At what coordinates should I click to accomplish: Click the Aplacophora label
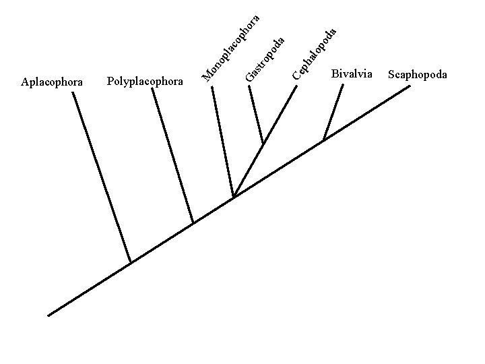(52, 82)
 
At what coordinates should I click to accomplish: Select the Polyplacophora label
(145, 82)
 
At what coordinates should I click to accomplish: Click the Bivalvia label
(352, 73)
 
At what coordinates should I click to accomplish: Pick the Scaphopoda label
(418, 74)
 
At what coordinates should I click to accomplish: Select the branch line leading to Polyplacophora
(172, 155)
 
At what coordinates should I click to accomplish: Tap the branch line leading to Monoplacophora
(223, 142)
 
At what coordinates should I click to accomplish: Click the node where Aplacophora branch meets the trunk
(130, 262)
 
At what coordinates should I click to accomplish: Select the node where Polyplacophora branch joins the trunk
(193, 222)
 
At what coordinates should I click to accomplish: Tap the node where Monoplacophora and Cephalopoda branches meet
(234, 196)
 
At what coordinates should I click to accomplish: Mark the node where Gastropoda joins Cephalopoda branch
(263, 144)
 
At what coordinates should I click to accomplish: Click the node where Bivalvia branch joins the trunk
(324, 140)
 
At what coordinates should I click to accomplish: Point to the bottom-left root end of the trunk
(49, 315)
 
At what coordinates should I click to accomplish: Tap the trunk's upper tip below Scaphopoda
(409, 87)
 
